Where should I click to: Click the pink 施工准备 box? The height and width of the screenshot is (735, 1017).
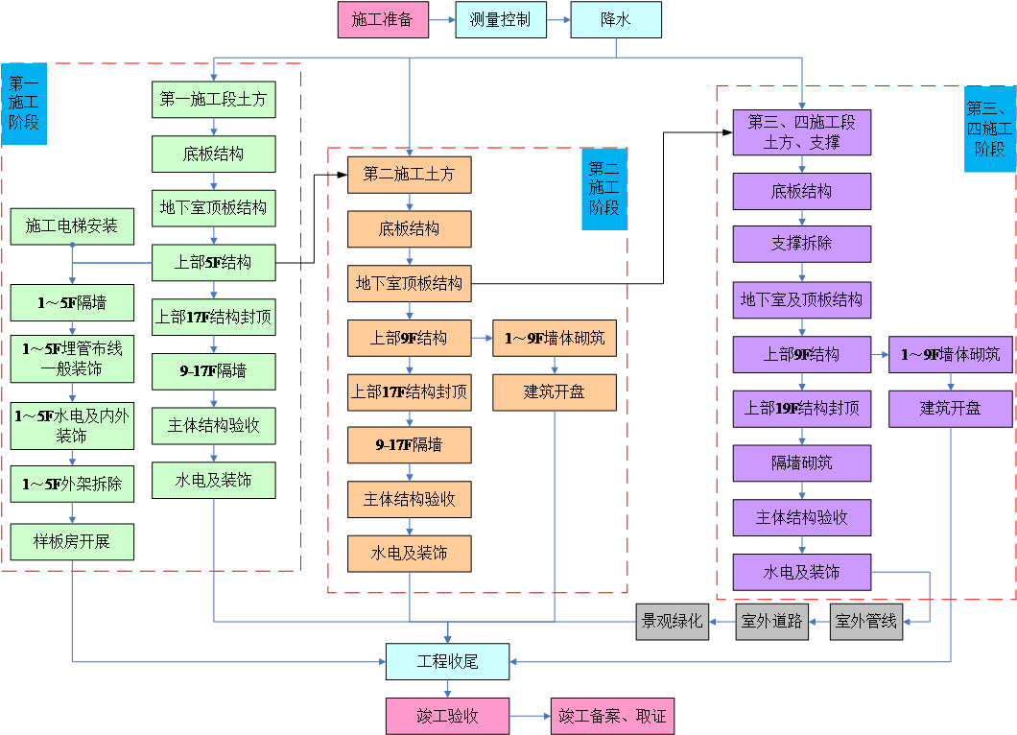tap(382, 19)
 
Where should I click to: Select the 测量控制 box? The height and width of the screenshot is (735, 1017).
tap(500, 19)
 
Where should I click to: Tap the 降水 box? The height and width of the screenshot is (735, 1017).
tap(615, 19)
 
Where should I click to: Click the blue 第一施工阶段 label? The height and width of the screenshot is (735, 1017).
tap(24, 104)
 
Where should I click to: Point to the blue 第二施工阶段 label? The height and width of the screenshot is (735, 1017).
tap(603, 188)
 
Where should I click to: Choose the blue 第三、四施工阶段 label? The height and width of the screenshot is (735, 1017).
tap(989, 129)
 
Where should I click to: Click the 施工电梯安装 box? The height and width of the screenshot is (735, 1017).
tap(72, 226)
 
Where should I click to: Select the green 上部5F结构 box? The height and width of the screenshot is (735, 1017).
tap(214, 262)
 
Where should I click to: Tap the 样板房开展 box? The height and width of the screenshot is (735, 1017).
tap(72, 541)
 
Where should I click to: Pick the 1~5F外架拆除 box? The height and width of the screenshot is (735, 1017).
tap(72, 485)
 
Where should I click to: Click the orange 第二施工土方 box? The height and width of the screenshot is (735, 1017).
tap(410, 175)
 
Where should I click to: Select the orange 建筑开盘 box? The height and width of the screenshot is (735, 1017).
tap(555, 392)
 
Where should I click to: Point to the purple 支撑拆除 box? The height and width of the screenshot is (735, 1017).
tap(802, 244)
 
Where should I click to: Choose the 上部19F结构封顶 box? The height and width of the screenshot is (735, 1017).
tap(802, 409)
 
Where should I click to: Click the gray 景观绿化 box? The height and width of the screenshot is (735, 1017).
tap(673, 621)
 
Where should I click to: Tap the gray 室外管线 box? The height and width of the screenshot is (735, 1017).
tap(865, 622)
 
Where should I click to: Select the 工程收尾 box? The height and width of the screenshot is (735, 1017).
tap(447, 661)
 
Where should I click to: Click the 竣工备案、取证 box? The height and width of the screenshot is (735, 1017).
tap(612, 716)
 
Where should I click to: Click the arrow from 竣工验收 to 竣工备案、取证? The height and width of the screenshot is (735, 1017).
tap(530, 716)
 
